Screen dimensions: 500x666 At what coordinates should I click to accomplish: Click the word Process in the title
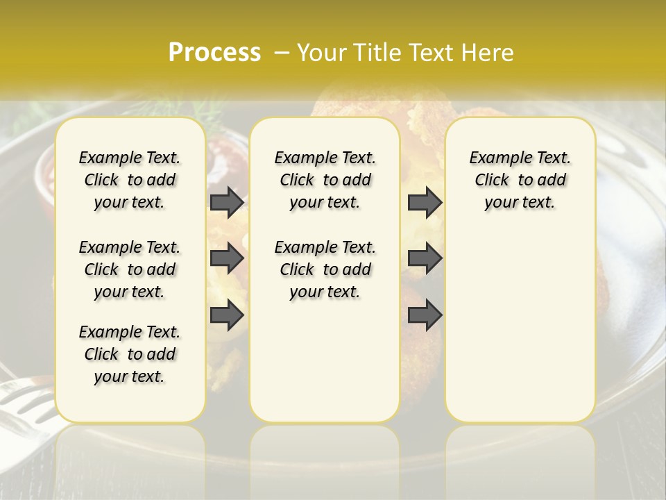pos(214,53)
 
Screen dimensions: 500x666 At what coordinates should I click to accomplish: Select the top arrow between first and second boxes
pos(227,202)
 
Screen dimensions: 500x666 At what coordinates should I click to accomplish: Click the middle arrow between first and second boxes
pos(227,259)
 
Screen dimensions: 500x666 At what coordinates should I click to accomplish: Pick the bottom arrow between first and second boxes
pos(227,315)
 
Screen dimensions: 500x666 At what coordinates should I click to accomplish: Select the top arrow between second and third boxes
pos(425,202)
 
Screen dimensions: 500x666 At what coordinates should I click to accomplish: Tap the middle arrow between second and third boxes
pos(425,259)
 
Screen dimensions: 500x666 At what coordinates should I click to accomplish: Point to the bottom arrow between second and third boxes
pos(425,315)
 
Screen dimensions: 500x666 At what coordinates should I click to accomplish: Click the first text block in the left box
pos(130,180)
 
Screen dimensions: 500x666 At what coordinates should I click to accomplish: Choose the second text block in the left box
pos(130,269)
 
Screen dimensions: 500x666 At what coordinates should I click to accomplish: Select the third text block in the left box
pos(130,354)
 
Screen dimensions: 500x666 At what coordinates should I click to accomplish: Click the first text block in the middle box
pos(325,180)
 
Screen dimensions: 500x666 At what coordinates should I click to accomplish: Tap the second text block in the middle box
pos(325,269)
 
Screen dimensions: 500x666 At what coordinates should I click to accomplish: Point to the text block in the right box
pos(520,180)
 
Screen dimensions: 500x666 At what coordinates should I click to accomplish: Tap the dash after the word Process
pos(282,53)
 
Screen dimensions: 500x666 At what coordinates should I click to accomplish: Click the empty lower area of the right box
pos(520,326)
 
